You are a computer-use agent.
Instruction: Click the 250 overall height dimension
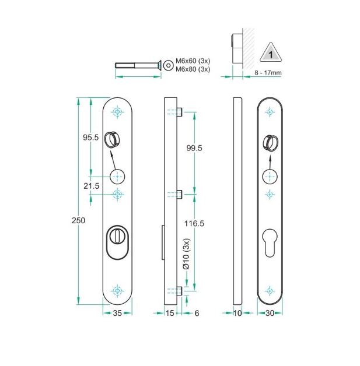pos(78,220)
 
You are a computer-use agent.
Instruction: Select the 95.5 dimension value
pos(89,138)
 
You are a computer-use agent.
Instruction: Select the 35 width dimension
pos(117,314)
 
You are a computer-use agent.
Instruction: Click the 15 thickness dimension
pos(170,314)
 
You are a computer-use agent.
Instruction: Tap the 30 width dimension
pos(269,314)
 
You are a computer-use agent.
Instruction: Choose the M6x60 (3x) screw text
pos(193,61)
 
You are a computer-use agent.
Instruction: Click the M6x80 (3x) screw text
pos(193,69)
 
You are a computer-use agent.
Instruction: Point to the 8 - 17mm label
pos(268,73)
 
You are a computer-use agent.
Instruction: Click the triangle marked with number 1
pos(270,54)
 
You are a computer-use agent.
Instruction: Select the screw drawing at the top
pos(138,64)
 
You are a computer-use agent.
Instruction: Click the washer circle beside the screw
pos(168,64)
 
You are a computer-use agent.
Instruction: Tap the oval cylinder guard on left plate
pos(117,242)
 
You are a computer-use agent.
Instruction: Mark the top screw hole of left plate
pos(118,111)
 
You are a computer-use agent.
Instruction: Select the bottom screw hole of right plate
pos(269,290)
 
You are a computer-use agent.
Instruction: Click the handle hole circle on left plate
pos(117,176)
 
